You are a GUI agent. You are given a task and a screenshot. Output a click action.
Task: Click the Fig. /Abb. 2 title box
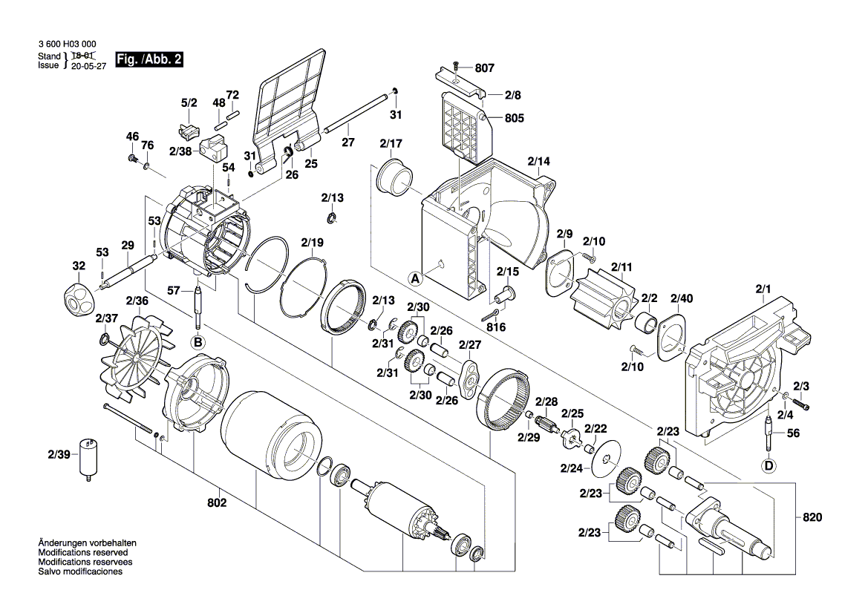point(149,59)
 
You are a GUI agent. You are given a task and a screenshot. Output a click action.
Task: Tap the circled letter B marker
point(198,341)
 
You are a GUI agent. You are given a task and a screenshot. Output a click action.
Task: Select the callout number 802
point(218,503)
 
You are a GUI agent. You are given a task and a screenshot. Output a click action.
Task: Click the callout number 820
point(813,517)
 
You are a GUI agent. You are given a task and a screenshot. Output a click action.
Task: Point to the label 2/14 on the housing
point(539,161)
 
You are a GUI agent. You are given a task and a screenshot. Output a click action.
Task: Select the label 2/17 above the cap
point(391,143)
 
